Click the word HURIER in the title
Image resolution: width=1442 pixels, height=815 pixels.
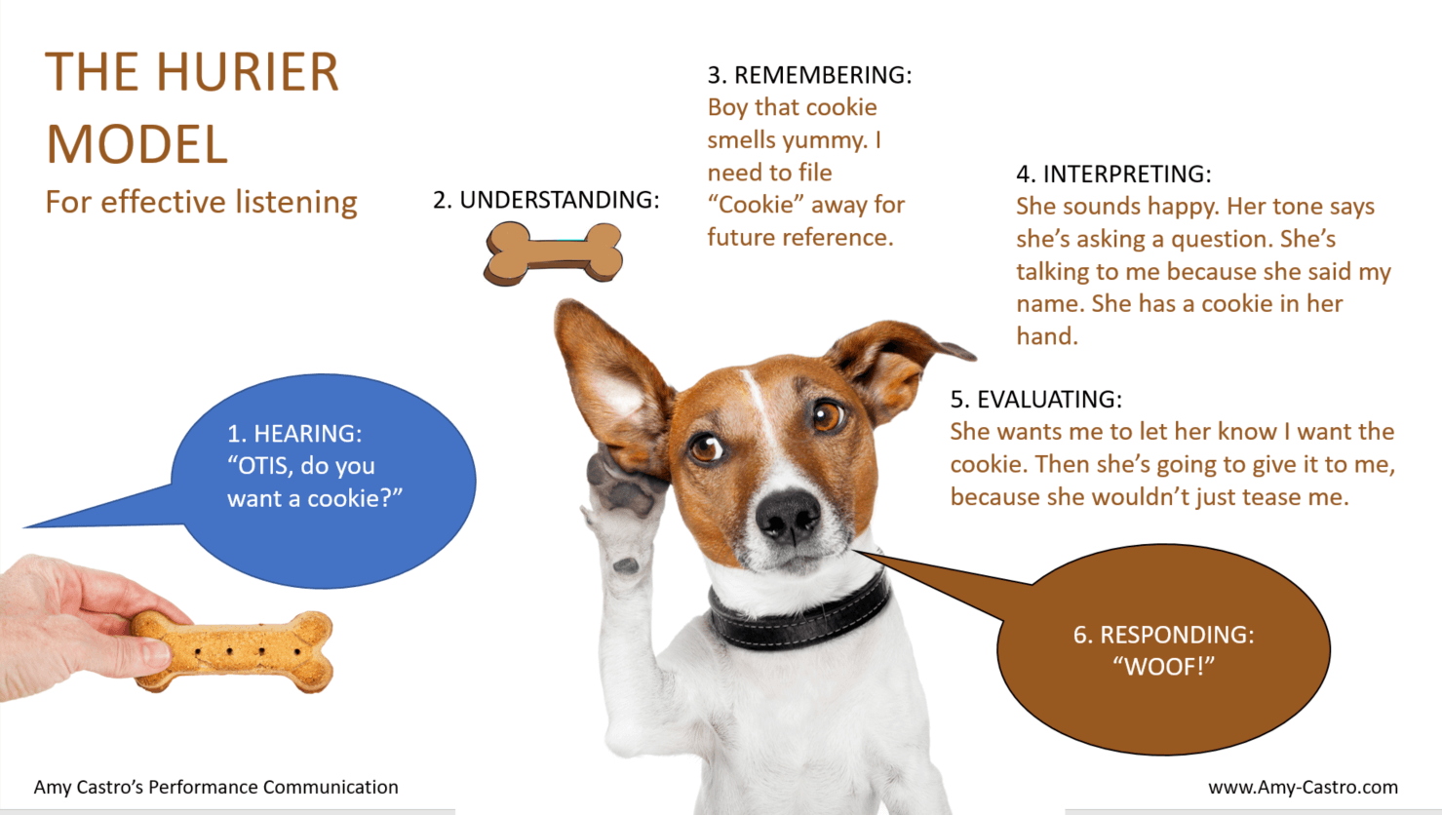[248, 71]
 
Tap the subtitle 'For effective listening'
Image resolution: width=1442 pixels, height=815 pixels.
[201, 202]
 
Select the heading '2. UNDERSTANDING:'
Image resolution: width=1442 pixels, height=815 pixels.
[546, 200]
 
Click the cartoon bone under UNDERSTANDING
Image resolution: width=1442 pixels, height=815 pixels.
[553, 253]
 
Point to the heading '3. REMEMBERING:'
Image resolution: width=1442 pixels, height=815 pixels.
[810, 75]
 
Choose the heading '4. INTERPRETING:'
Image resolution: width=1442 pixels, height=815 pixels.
[1113, 174]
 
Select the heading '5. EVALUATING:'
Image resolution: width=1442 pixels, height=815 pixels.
[1036, 399]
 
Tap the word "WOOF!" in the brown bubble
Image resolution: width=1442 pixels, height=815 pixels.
[1164, 667]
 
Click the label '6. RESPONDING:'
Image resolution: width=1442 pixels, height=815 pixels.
[1164, 635]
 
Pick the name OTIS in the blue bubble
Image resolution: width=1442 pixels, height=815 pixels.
[265, 465]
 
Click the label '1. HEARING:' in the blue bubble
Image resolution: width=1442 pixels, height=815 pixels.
[294, 433]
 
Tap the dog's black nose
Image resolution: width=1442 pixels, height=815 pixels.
[789, 517]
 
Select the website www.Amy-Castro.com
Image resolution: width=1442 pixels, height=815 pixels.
[1303, 787]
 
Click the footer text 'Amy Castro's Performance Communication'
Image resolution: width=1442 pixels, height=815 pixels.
[216, 787]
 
